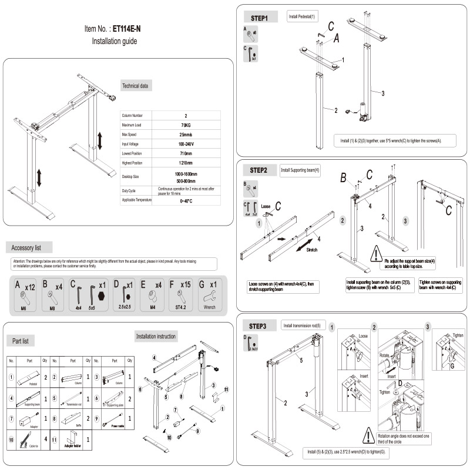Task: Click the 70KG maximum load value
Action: click(x=186, y=125)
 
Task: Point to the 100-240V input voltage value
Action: click(x=186, y=144)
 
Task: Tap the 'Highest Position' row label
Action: click(x=135, y=163)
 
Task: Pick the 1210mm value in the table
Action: click(x=186, y=163)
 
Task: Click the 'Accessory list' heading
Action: click(x=31, y=247)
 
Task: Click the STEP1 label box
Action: click(x=259, y=18)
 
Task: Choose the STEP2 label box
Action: click(x=258, y=170)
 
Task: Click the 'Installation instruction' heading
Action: click(x=156, y=336)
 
